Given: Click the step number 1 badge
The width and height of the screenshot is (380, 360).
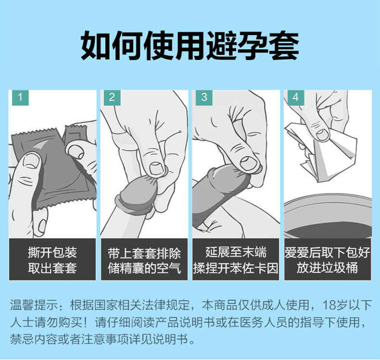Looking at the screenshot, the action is pos(20,97).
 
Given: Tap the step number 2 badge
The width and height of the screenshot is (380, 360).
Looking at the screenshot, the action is pos(112,97).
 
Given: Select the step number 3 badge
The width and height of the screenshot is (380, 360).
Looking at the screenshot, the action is pos(204,97).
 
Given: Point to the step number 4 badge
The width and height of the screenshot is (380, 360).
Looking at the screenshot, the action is pos(296,97).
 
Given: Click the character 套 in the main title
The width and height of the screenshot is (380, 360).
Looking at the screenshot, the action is pos(283,46).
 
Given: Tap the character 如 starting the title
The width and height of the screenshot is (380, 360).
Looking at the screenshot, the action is pos(96,46).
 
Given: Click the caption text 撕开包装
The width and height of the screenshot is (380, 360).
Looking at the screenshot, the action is pos(52,253).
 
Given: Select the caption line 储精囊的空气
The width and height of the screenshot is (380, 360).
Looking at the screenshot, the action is pos(144,268).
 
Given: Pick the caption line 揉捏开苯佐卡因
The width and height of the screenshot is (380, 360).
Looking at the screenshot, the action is pos(236,268).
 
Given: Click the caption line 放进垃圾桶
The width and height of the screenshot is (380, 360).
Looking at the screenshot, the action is pos(328,268).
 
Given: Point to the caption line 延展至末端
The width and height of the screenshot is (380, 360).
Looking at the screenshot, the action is pos(236,252).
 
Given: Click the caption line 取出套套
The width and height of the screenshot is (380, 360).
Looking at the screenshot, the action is pos(52,268).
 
